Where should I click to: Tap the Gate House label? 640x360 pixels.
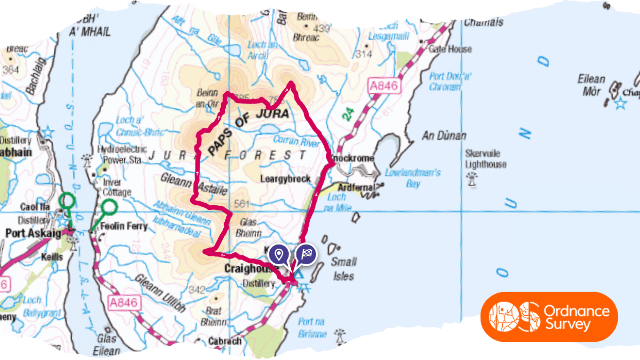coord(449,48)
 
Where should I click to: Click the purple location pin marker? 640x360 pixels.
coord(279,254)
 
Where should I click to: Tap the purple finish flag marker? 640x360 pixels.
coord(305,254)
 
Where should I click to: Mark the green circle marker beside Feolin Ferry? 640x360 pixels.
coord(109,208)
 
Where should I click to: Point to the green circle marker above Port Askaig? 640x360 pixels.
coord(66,201)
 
